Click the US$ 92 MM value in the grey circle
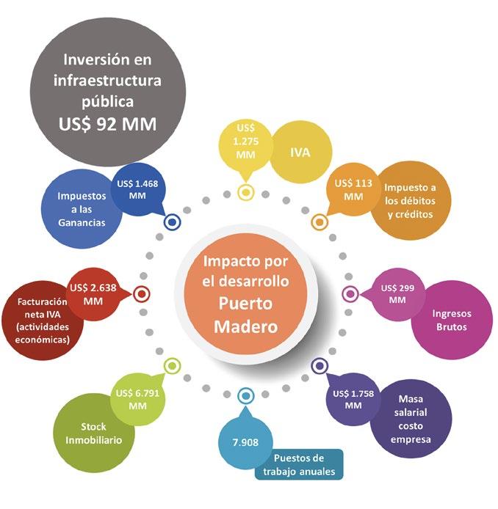(x=108, y=124)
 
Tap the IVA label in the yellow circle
(x=300, y=153)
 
